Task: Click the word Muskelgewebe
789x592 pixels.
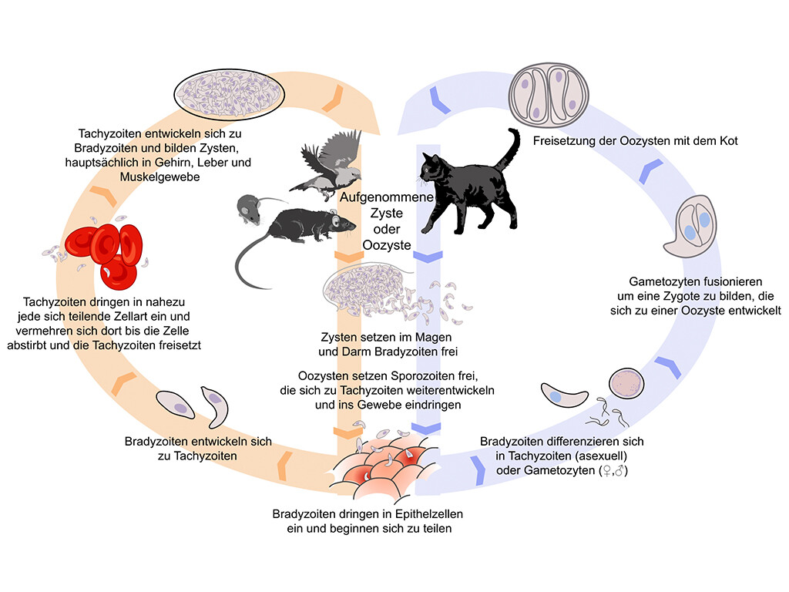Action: click(x=159, y=177)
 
